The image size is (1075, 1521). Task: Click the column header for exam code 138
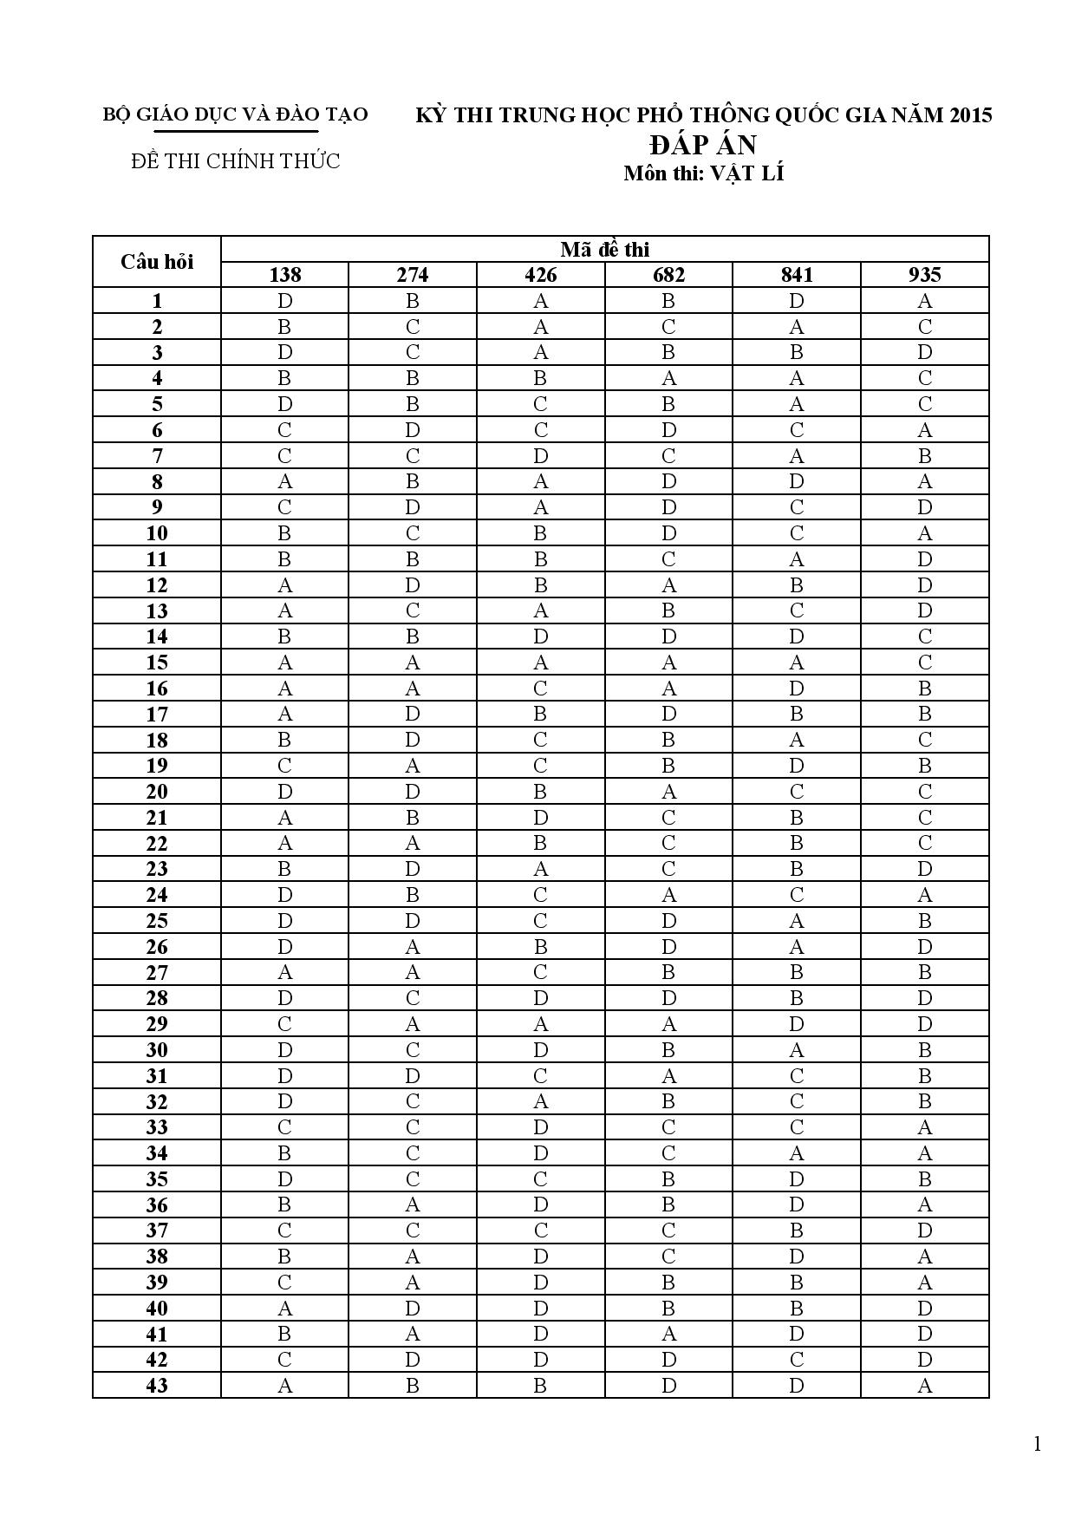click(284, 275)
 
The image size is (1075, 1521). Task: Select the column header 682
click(668, 275)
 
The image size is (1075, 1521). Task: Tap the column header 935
click(925, 275)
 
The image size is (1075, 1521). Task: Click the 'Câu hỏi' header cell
click(157, 262)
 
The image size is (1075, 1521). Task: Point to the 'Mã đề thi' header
click(604, 250)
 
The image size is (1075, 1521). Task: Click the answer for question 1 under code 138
click(284, 301)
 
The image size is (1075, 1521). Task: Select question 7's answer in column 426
click(540, 456)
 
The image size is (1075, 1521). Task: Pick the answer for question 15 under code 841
click(797, 663)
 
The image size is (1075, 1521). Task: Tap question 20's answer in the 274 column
click(413, 792)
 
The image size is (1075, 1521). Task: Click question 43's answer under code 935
click(925, 1386)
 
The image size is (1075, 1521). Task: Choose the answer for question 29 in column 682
click(668, 1024)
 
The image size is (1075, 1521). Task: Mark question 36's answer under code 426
click(540, 1204)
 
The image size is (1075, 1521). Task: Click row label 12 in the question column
click(157, 585)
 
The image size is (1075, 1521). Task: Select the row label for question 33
click(157, 1127)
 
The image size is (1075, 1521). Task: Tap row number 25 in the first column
click(157, 921)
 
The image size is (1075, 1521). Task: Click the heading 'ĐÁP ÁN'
click(703, 144)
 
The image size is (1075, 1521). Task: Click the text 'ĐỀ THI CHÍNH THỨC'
click(236, 161)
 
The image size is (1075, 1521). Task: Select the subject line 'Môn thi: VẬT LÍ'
click(703, 173)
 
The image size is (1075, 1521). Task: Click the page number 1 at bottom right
click(1037, 1444)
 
